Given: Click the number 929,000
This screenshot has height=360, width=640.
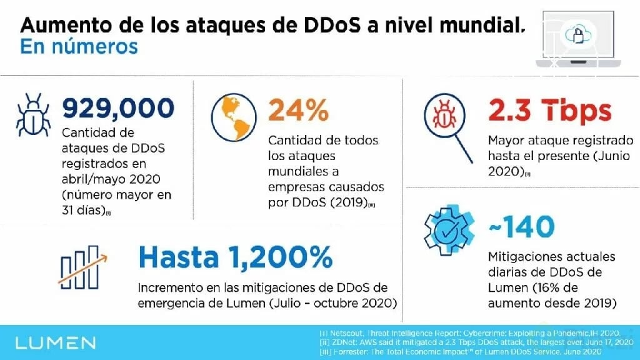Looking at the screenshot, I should (117, 109).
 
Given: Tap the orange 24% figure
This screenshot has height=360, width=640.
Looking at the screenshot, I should (297, 111).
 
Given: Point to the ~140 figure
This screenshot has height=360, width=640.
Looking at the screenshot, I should (522, 227).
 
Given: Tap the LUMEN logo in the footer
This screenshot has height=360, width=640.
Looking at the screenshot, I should (55, 342).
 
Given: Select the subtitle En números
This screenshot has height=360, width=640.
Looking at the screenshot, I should (79, 47).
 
